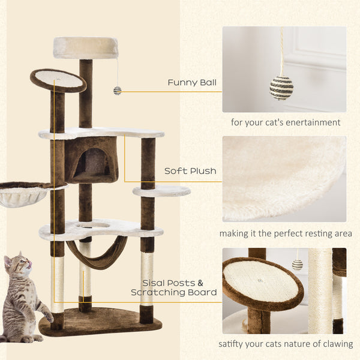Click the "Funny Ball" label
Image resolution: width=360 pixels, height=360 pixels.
click(x=192, y=83)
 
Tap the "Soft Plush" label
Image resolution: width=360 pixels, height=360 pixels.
click(x=190, y=171)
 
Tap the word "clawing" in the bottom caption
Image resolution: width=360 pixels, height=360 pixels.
click(x=338, y=344)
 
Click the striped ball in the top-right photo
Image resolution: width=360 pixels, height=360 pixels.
click(x=281, y=88)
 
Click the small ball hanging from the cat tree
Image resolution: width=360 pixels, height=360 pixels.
click(x=117, y=91)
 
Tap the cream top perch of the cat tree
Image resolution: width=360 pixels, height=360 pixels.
click(x=86, y=47)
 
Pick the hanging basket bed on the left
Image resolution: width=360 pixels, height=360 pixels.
click(x=24, y=194)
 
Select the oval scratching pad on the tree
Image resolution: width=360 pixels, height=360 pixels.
click(x=58, y=80)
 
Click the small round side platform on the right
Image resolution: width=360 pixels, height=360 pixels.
click(x=161, y=191)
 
